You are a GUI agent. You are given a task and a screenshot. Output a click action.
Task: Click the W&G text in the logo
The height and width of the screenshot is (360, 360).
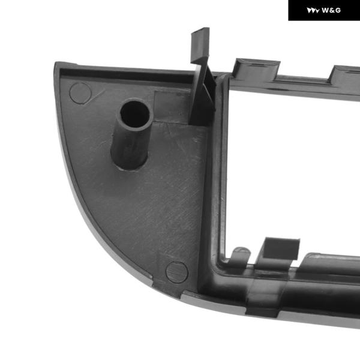[331, 10]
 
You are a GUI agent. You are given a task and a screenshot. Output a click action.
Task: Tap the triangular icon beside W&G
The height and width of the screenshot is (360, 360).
[313, 11]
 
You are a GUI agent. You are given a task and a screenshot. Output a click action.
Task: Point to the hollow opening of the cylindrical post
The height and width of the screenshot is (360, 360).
[135, 114]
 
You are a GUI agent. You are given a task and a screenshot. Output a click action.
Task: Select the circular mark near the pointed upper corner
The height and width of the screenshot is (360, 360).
[80, 93]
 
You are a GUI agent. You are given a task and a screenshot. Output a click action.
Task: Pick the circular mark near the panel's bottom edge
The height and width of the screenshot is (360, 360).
[177, 272]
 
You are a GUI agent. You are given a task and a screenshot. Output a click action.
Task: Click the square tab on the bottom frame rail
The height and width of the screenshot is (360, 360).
[281, 250]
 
